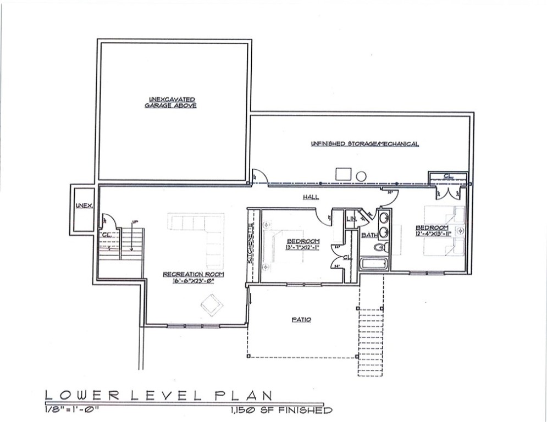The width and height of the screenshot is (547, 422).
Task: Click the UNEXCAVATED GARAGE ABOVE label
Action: (170, 102)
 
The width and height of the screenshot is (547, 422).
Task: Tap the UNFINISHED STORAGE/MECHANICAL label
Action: (365, 144)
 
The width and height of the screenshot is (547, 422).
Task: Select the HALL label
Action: (311, 197)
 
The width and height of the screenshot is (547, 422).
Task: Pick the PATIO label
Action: (300, 319)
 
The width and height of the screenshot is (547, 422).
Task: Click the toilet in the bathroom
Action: (380, 248)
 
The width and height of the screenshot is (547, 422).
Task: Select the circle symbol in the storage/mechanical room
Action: (361, 176)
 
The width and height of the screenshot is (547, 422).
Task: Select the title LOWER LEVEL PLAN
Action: (159, 395)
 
